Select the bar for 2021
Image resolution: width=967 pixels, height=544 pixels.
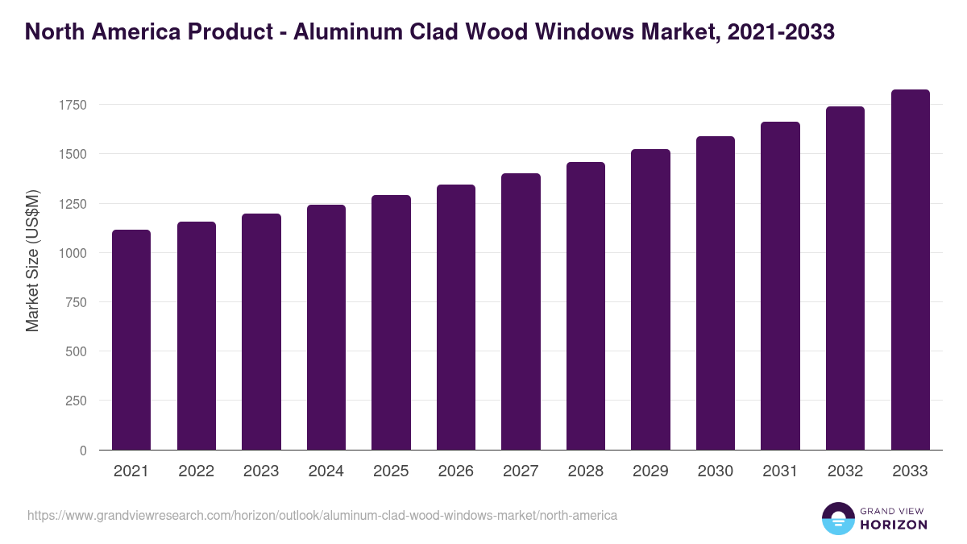[x=131, y=340]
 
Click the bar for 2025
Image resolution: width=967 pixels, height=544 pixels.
[x=391, y=322]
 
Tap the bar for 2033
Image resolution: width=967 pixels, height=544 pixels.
[x=910, y=270]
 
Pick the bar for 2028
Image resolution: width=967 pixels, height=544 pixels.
[x=586, y=306]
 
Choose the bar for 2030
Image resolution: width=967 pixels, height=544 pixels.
[x=716, y=293]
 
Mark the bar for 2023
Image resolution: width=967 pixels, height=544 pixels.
[x=261, y=332]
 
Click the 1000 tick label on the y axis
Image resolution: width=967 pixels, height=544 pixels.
[x=72, y=253]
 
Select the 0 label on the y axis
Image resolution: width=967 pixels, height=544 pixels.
[x=83, y=451]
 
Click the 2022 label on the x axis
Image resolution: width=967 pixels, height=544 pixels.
[x=196, y=471]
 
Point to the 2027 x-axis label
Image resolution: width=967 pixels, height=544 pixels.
[x=521, y=471]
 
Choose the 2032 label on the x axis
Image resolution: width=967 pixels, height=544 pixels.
[x=845, y=471]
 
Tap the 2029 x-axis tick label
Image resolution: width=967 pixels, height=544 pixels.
[x=650, y=471]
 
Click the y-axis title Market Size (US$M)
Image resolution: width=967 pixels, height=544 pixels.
[x=32, y=260]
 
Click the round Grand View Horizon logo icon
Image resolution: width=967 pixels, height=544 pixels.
[x=838, y=518]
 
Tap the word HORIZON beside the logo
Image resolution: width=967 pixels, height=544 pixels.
[x=893, y=525]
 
